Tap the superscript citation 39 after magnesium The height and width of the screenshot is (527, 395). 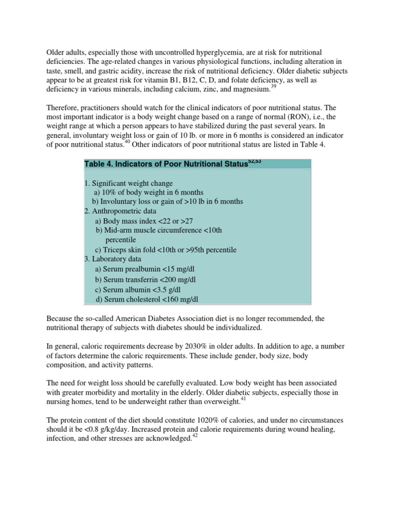coord(274,87)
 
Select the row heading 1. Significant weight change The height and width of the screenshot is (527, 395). coord(129,183)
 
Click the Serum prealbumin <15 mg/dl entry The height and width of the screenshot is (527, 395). coord(149,269)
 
